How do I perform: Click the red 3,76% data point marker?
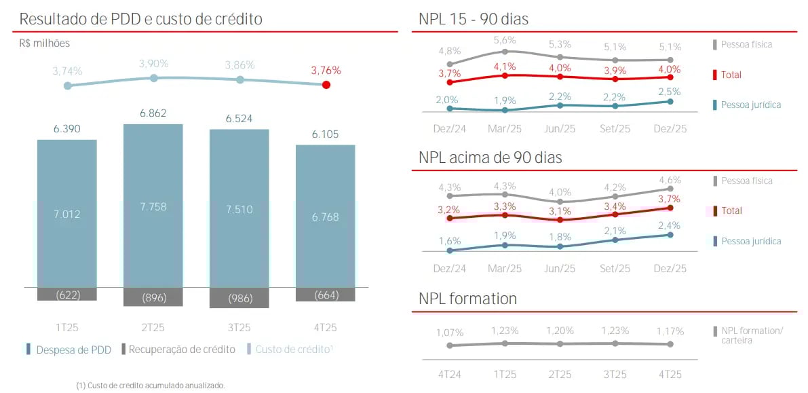tap(326, 85)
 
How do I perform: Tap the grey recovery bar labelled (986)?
tap(239, 297)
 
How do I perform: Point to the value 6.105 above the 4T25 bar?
tap(325, 134)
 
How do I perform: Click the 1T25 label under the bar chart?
tap(66, 327)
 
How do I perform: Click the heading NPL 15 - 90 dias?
tap(474, 20)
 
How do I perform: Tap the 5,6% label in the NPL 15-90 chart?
tap(505, 40)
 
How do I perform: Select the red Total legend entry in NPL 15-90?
tap(731, 75)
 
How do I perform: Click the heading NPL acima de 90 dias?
tap(490, 157)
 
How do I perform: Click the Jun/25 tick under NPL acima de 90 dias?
tap(560, 268)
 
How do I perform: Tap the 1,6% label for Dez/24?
tap(450, 240)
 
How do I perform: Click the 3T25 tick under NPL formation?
tap(615, 374)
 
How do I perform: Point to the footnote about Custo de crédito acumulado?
tap(150, 385)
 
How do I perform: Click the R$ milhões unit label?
tap(45, 43)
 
